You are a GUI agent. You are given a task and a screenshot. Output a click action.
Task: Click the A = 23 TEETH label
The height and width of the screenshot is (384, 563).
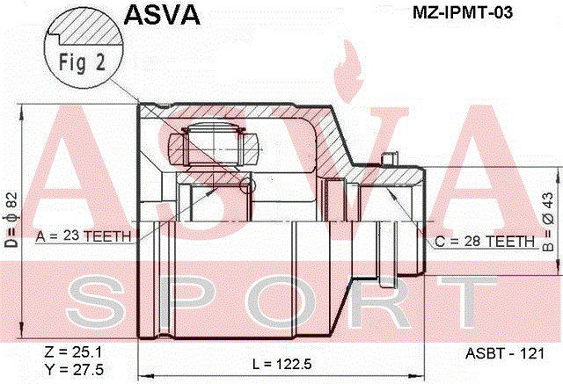tap(84, 235)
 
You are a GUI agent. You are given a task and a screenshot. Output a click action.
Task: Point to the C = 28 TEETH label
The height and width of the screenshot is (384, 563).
tap(485, 240)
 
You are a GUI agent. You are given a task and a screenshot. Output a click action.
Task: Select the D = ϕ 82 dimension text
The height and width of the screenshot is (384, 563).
tap(10, 219)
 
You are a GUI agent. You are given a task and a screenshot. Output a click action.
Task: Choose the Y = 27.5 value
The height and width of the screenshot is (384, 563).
tap(73, 368)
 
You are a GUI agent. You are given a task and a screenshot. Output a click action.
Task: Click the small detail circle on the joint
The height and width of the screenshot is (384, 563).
tap(247, 185)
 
